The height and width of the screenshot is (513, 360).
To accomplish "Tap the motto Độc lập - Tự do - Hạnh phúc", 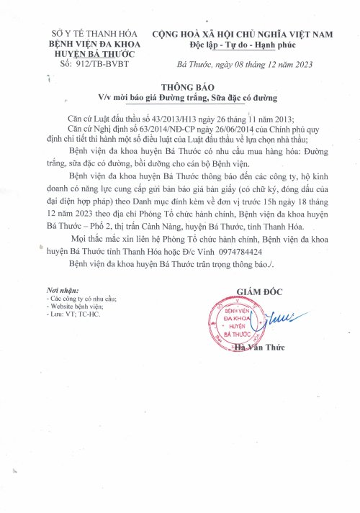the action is pos(243,44).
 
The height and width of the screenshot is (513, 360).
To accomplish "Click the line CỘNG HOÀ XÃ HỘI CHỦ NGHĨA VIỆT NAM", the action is pos(243,34).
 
